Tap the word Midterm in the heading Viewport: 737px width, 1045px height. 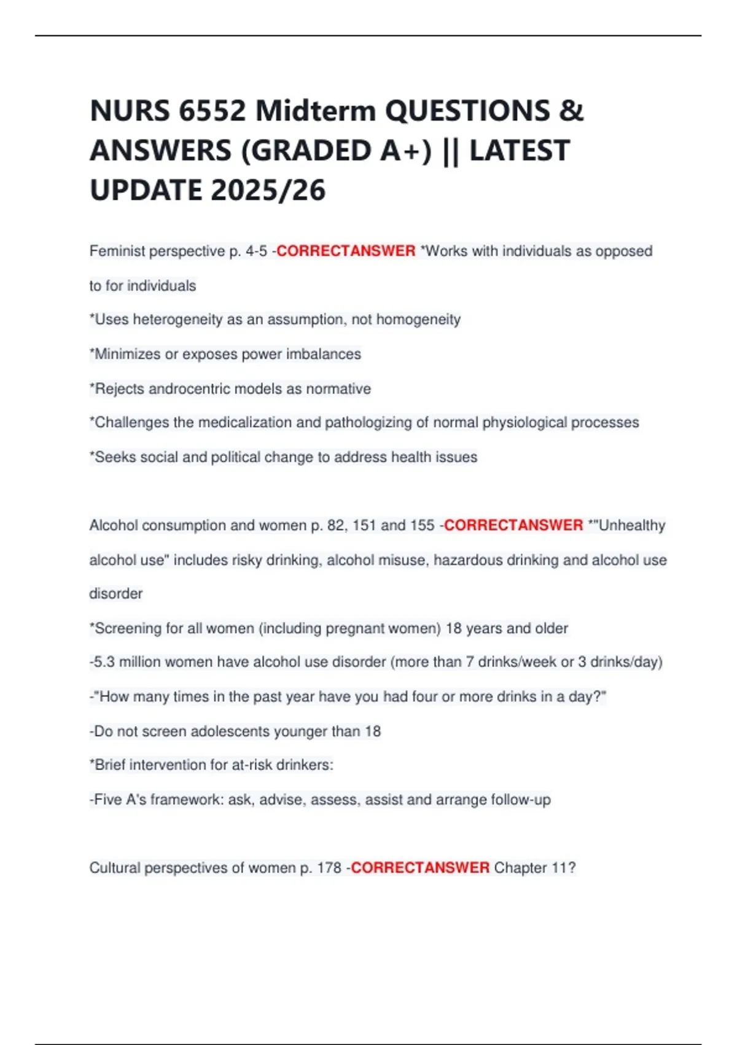315,111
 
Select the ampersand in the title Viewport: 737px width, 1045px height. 571,111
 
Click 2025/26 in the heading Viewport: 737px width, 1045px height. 268,190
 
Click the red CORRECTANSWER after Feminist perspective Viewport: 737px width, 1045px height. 346,251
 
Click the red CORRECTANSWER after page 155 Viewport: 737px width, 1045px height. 513,526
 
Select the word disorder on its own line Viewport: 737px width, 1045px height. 116,594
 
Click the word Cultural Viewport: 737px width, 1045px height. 115,868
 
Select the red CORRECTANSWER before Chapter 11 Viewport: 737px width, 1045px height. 420,868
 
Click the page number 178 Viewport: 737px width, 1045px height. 329,868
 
